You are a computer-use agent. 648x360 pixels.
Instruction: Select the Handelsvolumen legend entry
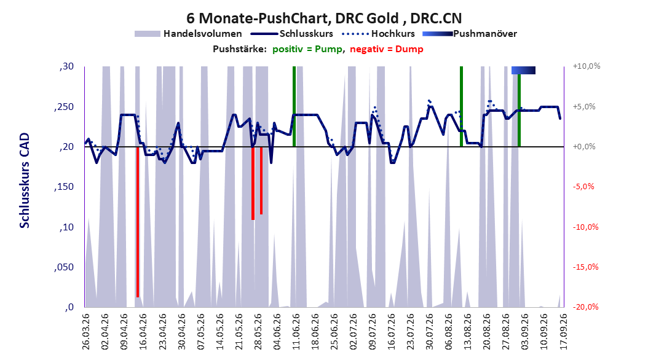pyautogui.click(x=189, y=34)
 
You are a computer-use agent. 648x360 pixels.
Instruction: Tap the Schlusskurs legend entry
pyautogui.click(x=292, y=34)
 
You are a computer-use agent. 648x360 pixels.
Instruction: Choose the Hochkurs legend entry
pyautogui.click(x=379, y=34)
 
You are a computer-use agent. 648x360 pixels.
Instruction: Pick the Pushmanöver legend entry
pyautogui.click(x=470, y=34)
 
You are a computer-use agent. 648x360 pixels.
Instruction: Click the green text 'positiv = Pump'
pyautogui.click(x=307, y=49)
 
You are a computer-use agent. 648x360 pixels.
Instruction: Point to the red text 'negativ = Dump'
pyautogui.click(x=387, y=49)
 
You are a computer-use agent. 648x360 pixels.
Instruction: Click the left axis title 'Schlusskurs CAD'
pyautogui.click(x=25, y=181)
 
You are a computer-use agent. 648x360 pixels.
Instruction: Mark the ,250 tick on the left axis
pyautogui.click(x=64, y=107)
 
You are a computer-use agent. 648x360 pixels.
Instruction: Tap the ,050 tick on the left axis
pyautogui.click(x=64, y=267)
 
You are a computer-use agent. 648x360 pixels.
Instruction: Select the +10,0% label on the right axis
pyautogui.click(x=587, y=66)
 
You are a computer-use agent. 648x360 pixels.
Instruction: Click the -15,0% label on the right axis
pyautogui.click(x=585, y=267)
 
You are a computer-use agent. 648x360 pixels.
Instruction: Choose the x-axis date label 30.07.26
pyautogui.click(x=430, y=332)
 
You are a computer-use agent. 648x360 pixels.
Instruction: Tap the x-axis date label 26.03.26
pyautogui.click(x=86, y=332)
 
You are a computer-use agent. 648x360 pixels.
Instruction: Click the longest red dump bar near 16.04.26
pyautogui.click(x=138, y=222)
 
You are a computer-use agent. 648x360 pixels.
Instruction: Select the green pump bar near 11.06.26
pyautogui.click(x=294, y=106)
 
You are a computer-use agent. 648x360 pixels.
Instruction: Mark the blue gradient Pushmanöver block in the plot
pyautogui.click(x=523, y=70)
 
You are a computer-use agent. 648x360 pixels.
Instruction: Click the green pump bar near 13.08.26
pyautogui.click(x=461, y=106)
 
